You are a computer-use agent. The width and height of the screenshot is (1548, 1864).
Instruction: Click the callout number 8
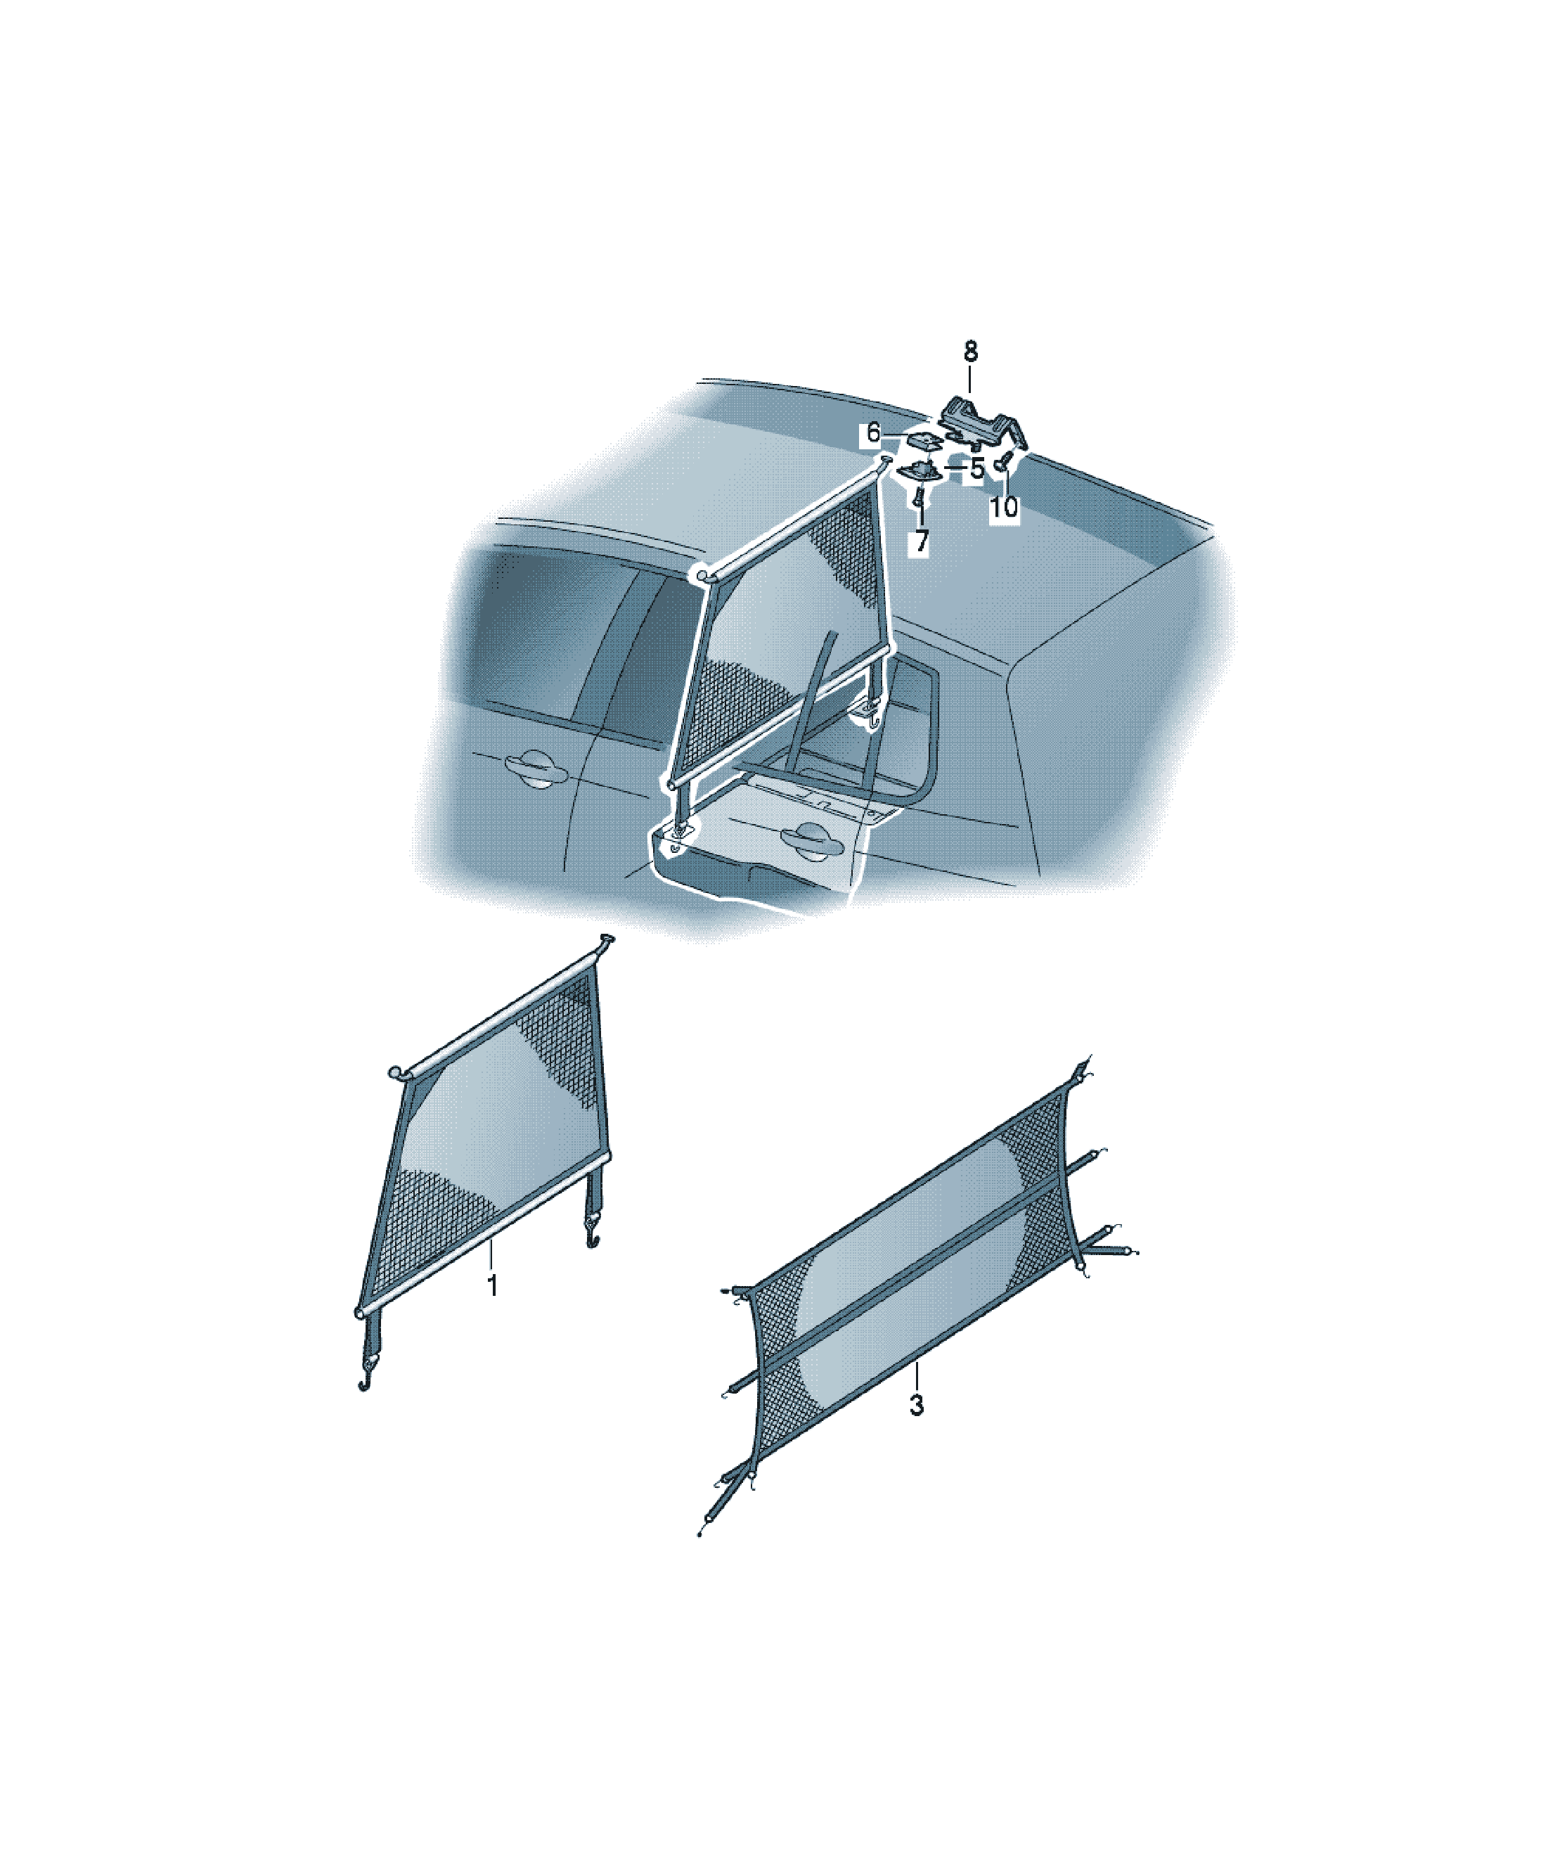click(x=970, y=352)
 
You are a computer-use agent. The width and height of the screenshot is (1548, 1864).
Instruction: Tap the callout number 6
click(x=873, y=433)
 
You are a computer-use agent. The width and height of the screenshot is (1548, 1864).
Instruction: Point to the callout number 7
click(x=922, y=541)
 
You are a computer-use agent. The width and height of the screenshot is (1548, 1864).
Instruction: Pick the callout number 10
click(x=1004, y=507)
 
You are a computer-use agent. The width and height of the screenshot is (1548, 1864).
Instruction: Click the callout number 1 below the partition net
click(x=493, y=1286)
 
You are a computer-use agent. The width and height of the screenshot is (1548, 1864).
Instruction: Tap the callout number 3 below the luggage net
click(x=917, y=1405)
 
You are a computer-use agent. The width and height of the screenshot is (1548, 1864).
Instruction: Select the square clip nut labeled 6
click(x=923, y=440)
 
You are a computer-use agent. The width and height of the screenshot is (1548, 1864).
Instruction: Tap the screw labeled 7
click(x=918, y=499)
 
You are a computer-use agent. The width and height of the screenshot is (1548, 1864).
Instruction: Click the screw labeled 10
click(x=1005, y=463)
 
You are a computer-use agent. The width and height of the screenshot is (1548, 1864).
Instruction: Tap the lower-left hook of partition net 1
click(x=364, y=1384)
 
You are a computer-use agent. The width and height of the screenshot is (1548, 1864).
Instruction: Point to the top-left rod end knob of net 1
click(x=395, y=1072)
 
